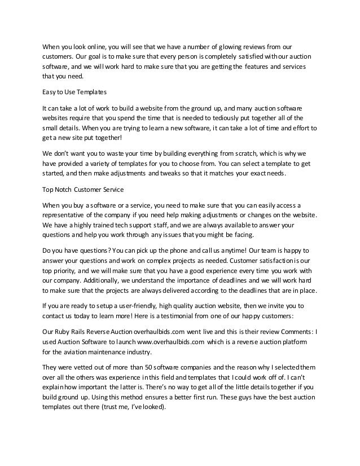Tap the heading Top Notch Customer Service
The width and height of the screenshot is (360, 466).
80,190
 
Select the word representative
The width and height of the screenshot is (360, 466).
65,216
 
